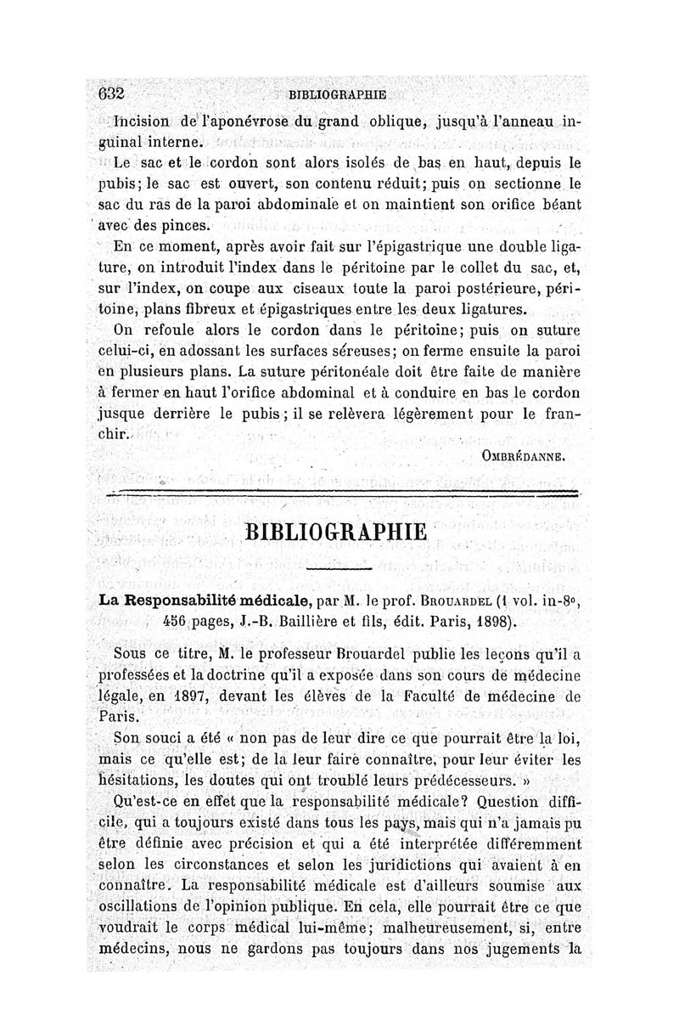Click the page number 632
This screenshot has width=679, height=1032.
tap(112, 93)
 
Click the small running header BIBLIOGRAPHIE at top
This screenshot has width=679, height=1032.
tap(337, 94)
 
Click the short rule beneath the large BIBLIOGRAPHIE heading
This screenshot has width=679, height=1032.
tap(339, 567)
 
